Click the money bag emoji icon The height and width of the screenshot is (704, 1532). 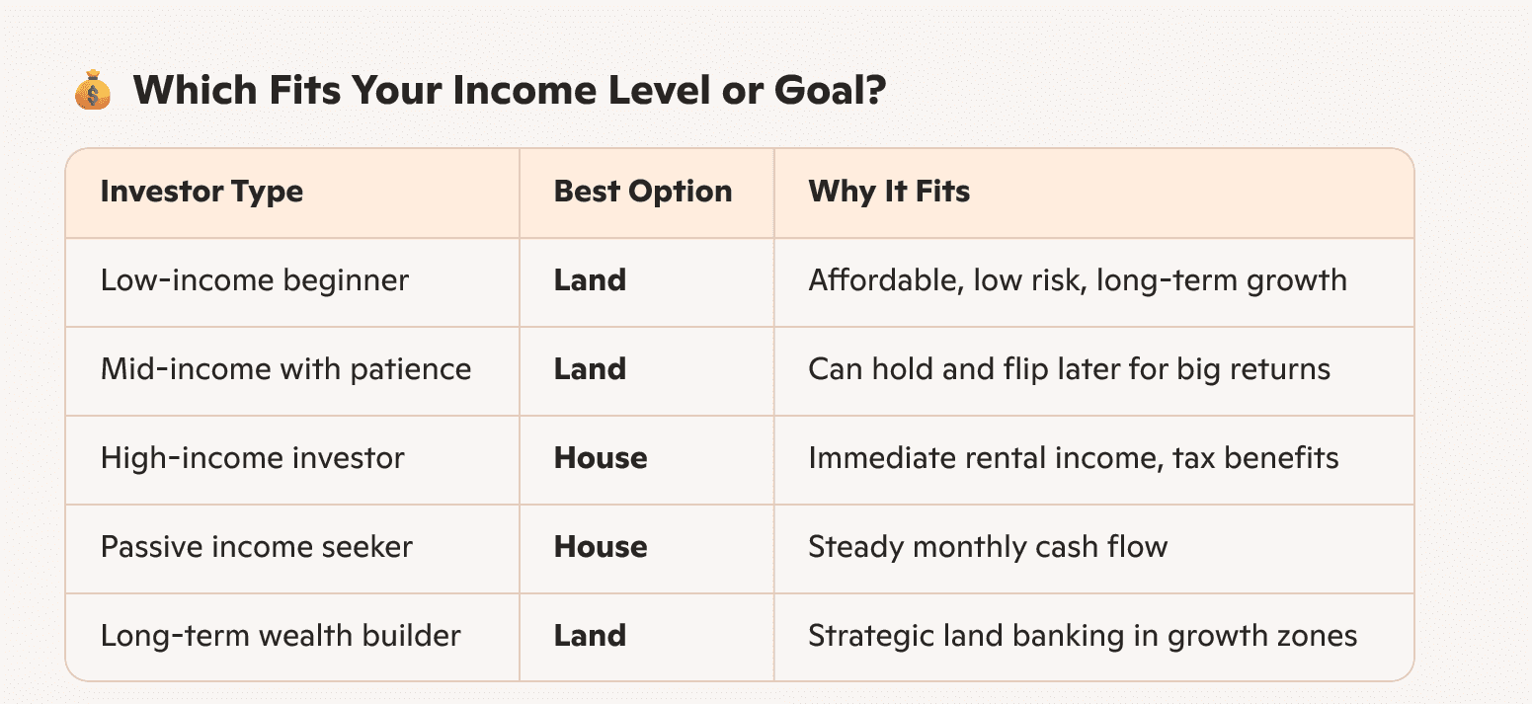92,90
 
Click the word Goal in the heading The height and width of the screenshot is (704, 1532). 830,90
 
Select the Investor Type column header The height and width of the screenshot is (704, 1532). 202,193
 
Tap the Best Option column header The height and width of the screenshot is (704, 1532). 643,192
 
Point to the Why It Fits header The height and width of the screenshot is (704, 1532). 889,192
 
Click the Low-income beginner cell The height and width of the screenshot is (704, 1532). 255,280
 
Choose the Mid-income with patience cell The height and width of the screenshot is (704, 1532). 285,369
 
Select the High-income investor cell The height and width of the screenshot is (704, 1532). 252,458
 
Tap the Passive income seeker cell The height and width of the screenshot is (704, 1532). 257,547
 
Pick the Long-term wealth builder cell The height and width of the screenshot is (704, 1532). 281,636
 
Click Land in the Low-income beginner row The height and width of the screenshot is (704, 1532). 590,280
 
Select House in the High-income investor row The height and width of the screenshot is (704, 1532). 601,458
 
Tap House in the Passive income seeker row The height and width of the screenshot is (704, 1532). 601,547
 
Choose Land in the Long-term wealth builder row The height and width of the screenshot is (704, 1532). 590,636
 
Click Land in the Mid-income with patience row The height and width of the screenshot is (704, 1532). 590,369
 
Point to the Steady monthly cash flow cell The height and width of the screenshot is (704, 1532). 988,547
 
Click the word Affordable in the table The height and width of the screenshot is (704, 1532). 886,280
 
